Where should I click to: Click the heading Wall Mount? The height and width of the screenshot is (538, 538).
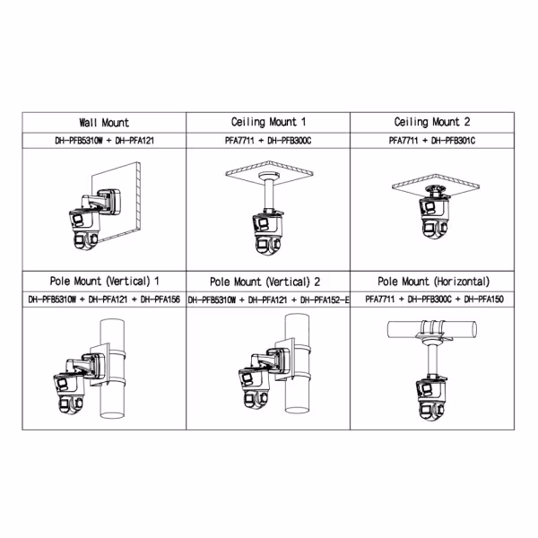pyautogui.click(x=104, y=123)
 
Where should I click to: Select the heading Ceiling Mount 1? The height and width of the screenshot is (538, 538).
pyautogui.click(x=267, y=123)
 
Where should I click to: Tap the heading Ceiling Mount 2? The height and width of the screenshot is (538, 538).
pyautogui.click(x=432, y=123)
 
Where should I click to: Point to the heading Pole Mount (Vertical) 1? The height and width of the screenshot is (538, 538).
pyautogui.click(x=104, y=281)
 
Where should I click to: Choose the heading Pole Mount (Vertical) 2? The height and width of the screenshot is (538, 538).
pyautogui.click(x=267, y=281)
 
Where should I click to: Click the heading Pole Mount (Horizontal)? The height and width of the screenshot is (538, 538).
pyautogui.click(x=432, y=281)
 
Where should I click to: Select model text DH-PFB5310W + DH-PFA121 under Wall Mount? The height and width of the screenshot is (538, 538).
pyautogui.click(x=104, y=141)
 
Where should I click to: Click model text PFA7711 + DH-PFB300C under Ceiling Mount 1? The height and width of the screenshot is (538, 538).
pyautogui.click(x=267, y=141)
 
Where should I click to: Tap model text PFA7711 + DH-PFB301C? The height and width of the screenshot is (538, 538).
pyautogui.click(x=432, y=141)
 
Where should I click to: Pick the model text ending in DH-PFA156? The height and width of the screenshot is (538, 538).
pyautogui.click(x=104, y=299)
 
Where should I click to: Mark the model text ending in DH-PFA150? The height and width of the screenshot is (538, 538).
pyautogui.click(x=432, y=299)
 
